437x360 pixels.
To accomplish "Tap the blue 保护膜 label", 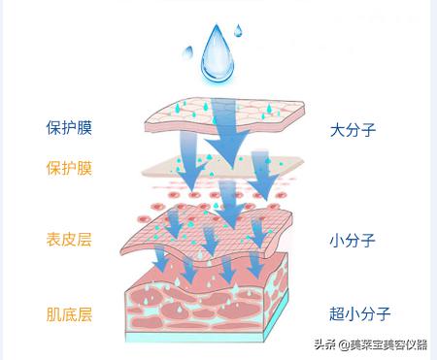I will tap(69, 127).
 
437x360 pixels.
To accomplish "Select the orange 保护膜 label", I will tap(69, 168).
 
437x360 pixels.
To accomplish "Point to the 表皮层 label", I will tap(69, 239).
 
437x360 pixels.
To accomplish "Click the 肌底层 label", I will tap(69, 313).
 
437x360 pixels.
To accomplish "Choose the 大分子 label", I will tap(353, 127).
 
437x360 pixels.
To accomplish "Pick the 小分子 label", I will tap(353, 239).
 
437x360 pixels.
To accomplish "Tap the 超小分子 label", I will tap(359, 313).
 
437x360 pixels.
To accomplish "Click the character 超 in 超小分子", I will tap(337, 313).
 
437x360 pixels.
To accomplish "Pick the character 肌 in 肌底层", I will tap(53, 313).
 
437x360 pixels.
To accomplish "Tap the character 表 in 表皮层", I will tap(53, 239).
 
